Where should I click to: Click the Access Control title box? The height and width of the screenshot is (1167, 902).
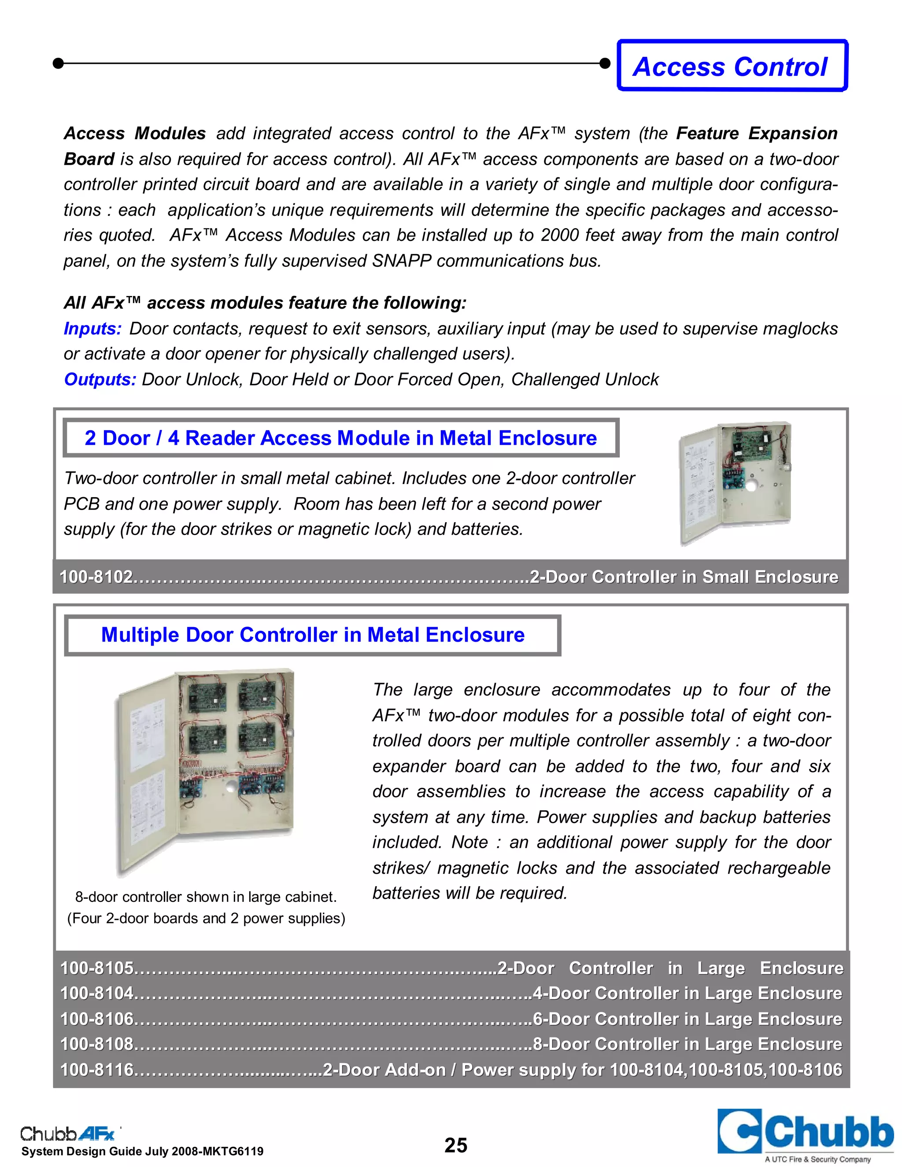(x=732, y=66)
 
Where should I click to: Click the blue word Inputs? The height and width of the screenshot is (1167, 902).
(x=93, y=329)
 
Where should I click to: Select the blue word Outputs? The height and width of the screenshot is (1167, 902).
(x=100, y=379)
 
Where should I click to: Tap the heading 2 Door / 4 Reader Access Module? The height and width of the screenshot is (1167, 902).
(x=340, y=438)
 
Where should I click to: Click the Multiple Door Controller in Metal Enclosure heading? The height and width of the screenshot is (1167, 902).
(x=313, y=635)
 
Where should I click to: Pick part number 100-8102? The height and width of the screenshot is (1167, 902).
(x=96, y=577)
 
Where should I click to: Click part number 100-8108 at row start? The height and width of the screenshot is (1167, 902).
(x=96, y=1044)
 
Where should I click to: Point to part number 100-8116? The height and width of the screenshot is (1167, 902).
(x=96, y=1070)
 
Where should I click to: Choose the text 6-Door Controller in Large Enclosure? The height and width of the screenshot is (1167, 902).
(x=687, y=1019)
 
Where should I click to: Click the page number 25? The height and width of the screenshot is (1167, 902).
(x=456, y=1145)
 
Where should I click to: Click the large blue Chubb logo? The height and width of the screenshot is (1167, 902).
(x=805, y=1132)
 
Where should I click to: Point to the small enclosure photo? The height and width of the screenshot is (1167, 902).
(x=735, y=483)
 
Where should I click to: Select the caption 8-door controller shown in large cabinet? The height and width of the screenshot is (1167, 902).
(x=206, y=897)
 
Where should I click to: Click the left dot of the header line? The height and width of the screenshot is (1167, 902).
(x=58, y=63)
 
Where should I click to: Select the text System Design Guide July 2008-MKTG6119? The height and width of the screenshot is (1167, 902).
(x=142, y=1152)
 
